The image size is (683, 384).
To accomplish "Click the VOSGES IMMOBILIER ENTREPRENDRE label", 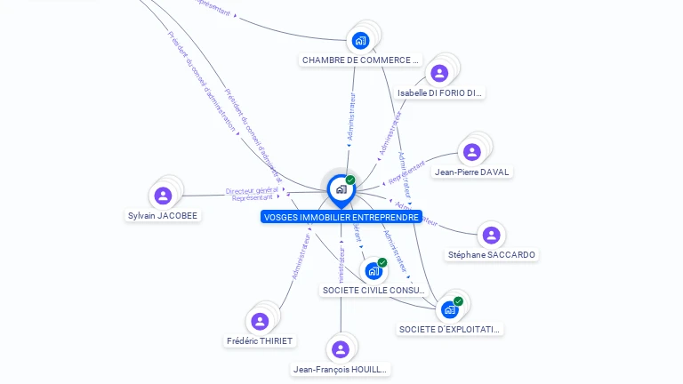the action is coord(341,217).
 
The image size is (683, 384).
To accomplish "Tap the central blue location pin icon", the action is coord(341,189).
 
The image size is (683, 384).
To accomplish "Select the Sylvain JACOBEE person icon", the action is coord(163,196).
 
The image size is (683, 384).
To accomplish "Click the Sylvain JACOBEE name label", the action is coord(163,215).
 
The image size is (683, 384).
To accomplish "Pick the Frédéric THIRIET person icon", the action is coord(260,321).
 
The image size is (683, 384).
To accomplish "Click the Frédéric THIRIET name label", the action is coord(260,341).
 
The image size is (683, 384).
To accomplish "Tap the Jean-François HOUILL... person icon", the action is coord(341,349).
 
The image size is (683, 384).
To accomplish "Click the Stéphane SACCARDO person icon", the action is coord(491,235).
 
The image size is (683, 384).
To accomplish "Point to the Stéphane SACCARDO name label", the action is coord(492,255).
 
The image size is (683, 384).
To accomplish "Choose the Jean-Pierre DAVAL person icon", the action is coord(472,152).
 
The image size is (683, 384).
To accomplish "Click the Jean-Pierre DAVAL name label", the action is coord(472,172).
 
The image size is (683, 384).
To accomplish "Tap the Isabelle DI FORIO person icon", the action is coord(438,73).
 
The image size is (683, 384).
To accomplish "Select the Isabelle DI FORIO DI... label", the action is coord(440,92).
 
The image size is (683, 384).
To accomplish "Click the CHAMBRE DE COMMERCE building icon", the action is coord(360,40).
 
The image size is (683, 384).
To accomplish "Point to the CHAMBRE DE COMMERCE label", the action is coord(359,60).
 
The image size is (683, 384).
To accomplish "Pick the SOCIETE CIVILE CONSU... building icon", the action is coord(373,270).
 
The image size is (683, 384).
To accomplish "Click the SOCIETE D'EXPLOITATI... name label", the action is coord(450,330).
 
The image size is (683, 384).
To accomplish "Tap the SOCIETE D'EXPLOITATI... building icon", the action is coord(450,309).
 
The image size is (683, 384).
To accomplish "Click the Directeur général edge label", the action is coord(252,190).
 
